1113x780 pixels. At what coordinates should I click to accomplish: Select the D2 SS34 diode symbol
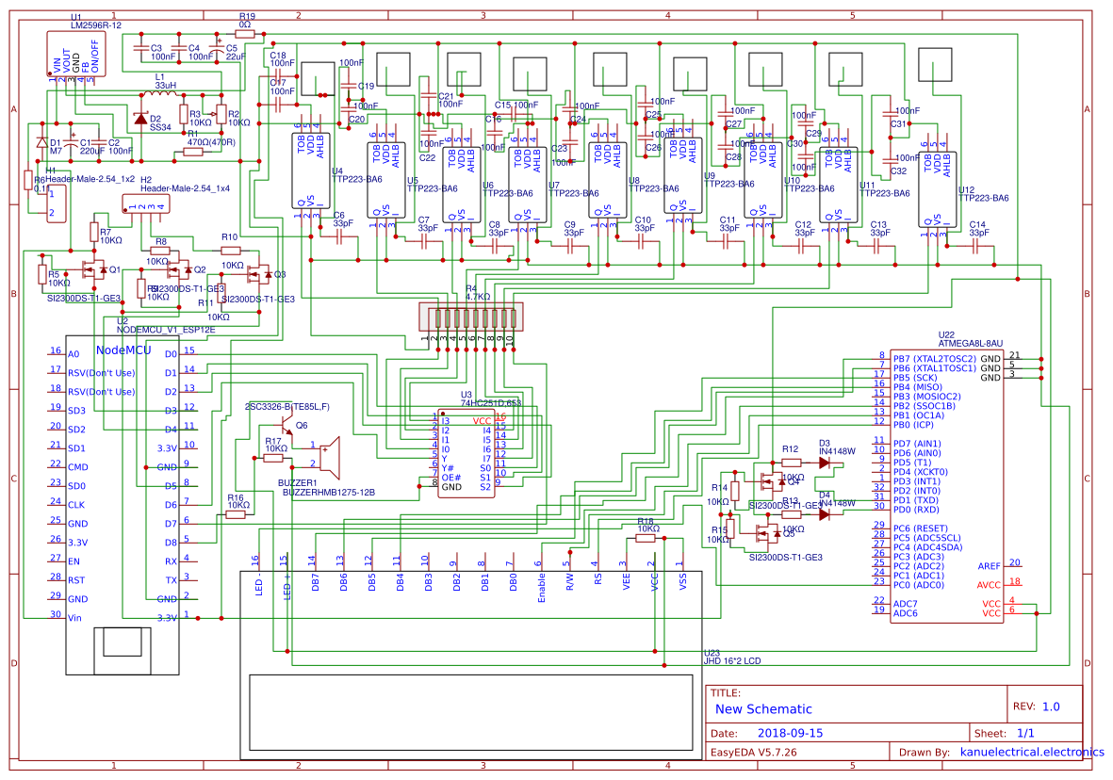[x=141, y=119]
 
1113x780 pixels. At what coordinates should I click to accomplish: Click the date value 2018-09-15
[x=790, y=733]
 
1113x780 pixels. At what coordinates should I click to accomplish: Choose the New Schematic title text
[x=762, y=709]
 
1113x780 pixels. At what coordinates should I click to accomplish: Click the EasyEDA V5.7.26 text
[x=753, y=753]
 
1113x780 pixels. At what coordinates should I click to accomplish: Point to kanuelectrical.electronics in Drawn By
[x=1031, y=753]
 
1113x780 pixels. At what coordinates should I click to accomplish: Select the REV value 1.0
[x=1050, y=707]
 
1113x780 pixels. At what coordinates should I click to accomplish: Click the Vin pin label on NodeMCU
[x=75, y=618]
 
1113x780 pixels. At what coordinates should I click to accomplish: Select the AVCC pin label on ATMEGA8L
[x=989, y=584]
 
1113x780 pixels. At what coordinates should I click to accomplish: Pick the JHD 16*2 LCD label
[x=731, y=661]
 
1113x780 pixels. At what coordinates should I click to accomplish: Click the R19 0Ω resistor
[x=246, y=34]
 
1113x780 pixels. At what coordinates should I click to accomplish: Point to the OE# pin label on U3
[x=451, y=478]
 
